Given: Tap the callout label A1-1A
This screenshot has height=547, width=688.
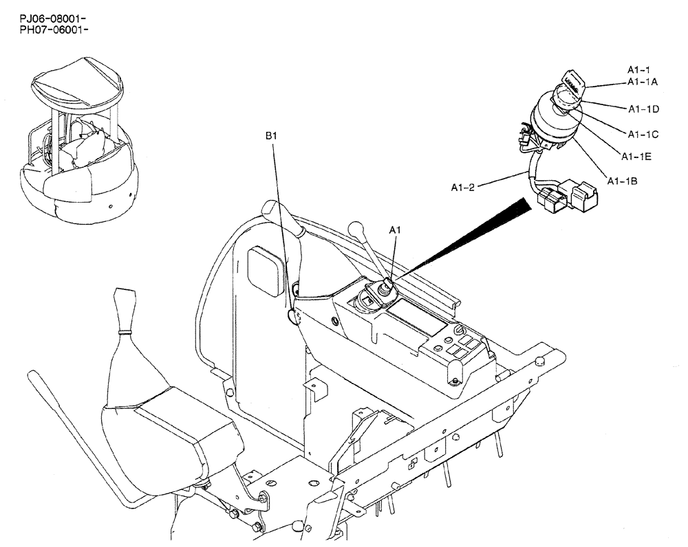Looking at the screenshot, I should [x=643, y=81].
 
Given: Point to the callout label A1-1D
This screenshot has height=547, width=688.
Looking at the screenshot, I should [x=643, y=109].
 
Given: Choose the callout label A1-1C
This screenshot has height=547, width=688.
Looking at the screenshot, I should [x=643, y=133].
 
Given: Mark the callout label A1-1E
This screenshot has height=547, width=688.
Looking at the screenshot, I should [x=636, y=157].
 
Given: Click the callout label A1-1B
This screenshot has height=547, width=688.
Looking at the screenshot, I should [x=623, y=181].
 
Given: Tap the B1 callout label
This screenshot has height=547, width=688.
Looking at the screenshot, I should [x=272, y=136].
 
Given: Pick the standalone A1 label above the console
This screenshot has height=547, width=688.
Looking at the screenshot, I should [x=396, y=232].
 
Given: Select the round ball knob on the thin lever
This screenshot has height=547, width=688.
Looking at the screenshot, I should [x=356, y=227].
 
